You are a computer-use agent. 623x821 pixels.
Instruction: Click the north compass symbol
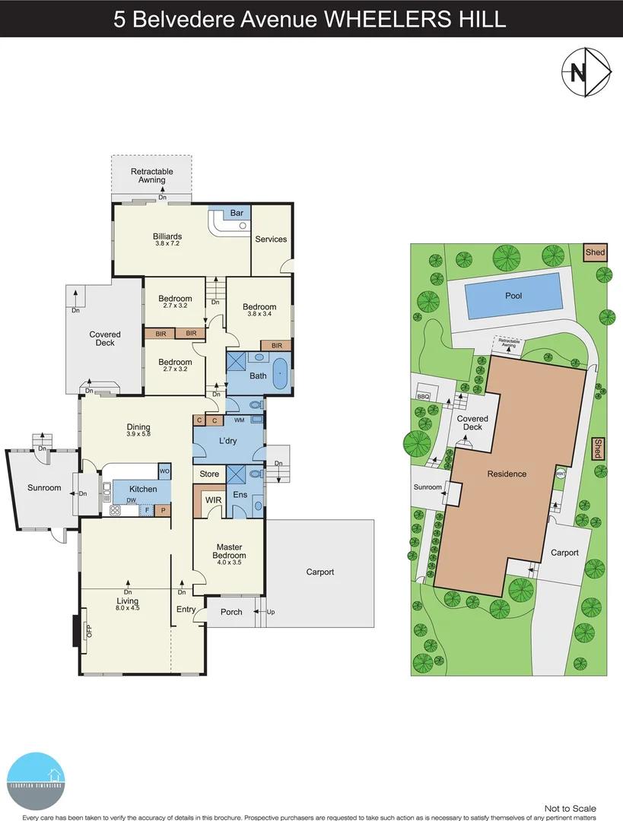tap(586, 72)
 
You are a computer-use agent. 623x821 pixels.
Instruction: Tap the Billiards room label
tap(167, 236)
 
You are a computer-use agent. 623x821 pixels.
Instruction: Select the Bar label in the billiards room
tap(237, 214)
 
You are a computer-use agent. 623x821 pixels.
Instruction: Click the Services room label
tap(271, 239)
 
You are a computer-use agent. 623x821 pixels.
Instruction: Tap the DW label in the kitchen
tap(131, 500)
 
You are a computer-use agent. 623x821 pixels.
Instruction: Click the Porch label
tap(231, 612)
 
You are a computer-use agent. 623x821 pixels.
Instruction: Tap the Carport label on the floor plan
tap(320, 572)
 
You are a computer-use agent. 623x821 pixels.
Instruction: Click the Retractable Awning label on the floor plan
tap(151, 176)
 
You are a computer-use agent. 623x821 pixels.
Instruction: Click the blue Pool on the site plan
tap(513, 296)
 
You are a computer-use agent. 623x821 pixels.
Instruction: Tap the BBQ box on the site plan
tap(423, 395)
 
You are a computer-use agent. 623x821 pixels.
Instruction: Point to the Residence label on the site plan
tap(507, 474)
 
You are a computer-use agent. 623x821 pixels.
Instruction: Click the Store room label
tap(209, 474)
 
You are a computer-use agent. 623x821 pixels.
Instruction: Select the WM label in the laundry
tap(239, 420)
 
